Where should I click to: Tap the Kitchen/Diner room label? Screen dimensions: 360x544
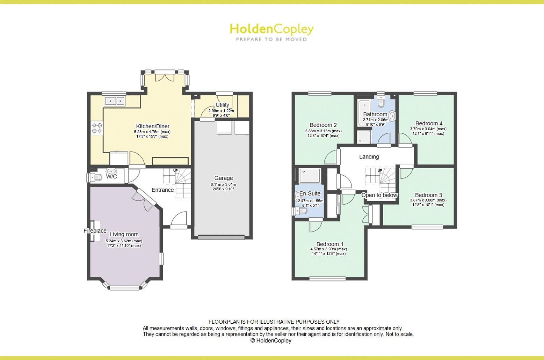[x=152, y=126]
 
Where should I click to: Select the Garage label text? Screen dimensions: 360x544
[x=223, y=178]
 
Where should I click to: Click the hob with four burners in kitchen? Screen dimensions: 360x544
[x=97, y=128]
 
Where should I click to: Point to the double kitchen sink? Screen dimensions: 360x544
[x=115, y=101]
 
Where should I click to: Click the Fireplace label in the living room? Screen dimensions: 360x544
[x=95, y=231]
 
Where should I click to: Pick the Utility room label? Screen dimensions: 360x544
[x=222, y=105]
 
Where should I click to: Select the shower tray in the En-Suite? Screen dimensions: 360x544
[x=310, y=176]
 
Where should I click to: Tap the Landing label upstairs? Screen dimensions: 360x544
[x=369, y=157]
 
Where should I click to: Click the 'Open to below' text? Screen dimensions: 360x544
[x=379, y=195]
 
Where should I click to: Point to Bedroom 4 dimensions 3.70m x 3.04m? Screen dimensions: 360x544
[x=428, y=129]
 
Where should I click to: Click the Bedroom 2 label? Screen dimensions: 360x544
[x=323, y=125]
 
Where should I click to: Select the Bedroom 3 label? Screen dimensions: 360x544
[x=428, y=195]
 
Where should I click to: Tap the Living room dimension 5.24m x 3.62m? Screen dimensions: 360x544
[x=124, y=241]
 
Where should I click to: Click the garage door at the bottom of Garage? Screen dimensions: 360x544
[x=221, y=238]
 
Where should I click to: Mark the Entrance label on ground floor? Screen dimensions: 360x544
[x=162, y=190]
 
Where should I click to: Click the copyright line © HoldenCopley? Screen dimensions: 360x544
[x=271, y=340]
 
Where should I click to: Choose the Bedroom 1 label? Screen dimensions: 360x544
[x=330, y=244]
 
